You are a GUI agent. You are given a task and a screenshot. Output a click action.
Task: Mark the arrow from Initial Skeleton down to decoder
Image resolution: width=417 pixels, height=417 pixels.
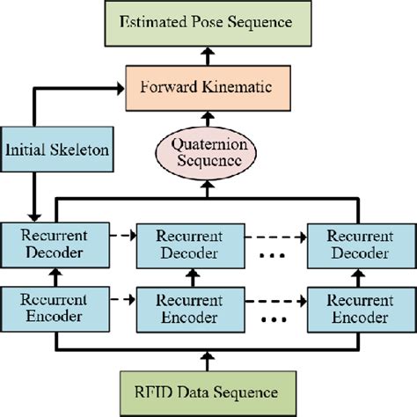(x=34, y=198)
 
